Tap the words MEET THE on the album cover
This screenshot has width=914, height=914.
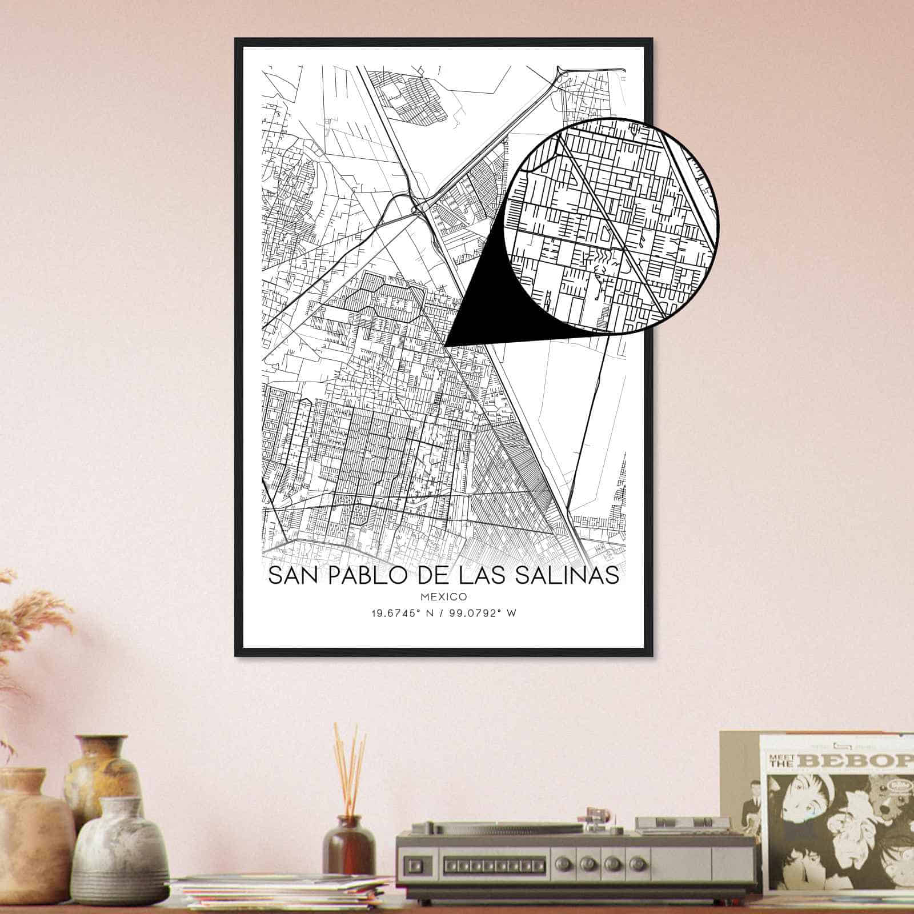pos(778,761)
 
